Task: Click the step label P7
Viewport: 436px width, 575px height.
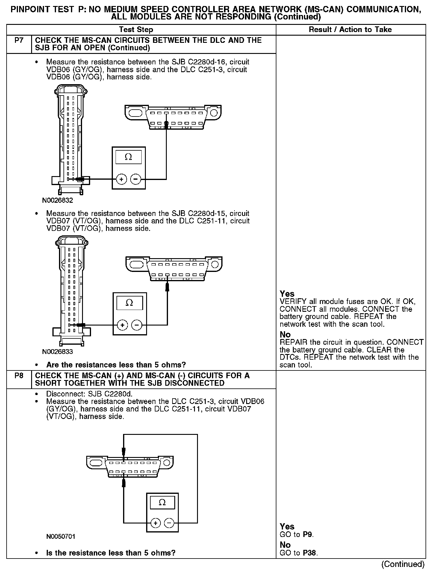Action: (19, 40)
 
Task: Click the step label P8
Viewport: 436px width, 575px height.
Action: (19, 376)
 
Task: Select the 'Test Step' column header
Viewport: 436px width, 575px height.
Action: (136, 30)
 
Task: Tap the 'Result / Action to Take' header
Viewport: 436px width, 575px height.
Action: (350, 30)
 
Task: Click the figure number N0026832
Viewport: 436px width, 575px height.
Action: (57, 200)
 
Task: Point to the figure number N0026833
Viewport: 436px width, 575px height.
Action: (57, 352)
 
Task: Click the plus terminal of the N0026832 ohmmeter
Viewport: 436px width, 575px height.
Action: (121, 179)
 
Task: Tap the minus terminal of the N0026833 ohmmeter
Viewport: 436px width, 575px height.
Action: (137, 325)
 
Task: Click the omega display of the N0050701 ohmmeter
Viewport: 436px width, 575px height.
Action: (162, 502)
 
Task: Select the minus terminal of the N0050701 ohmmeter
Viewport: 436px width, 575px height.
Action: (169, 523)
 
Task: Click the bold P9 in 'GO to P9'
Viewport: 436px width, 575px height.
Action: (308, 534)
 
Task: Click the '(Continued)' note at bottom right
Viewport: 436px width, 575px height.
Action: (403, 564)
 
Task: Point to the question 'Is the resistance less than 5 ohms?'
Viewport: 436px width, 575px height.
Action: (111, 553)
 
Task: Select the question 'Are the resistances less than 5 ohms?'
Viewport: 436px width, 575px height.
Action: (116, 365)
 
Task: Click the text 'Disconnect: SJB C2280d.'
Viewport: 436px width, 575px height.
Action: (89, 394)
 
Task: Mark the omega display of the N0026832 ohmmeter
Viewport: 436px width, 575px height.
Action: (128, 157)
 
